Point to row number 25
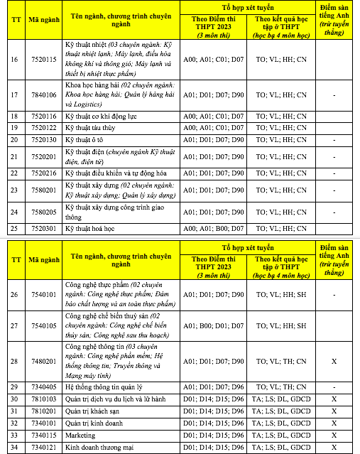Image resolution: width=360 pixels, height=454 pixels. point(14,228)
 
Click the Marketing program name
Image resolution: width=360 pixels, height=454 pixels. point(82,434)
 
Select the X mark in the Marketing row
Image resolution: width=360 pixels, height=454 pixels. point(334,434)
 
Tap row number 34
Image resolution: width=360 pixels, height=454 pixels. point(14,446)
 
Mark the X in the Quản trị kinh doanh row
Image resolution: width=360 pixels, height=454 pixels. point(334,422)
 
